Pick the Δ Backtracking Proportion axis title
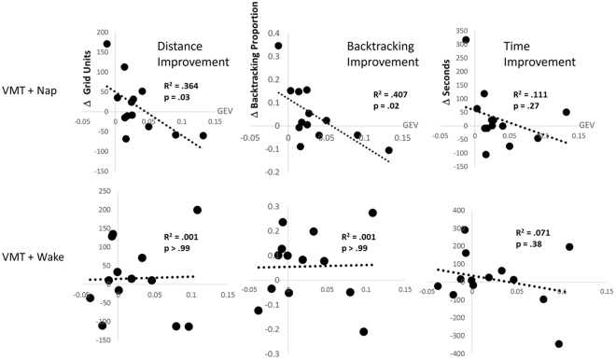255,83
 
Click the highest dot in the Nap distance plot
107,44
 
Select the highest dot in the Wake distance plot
197,210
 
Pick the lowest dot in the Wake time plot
559,343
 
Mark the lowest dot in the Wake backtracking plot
363,331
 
